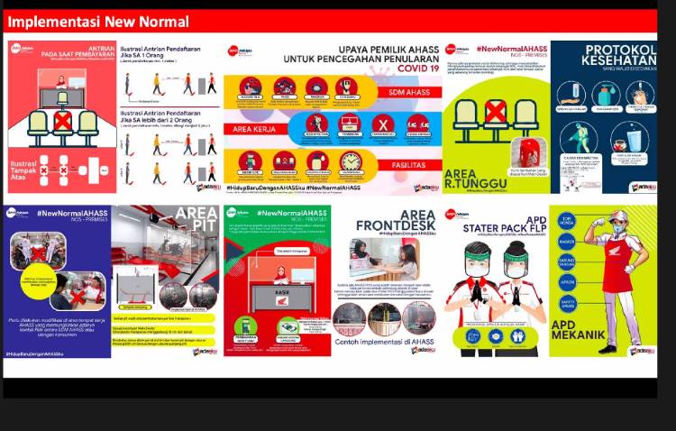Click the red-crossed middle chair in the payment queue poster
[62, 121]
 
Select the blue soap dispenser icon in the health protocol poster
[603, 94]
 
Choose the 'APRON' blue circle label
[567, 281]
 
